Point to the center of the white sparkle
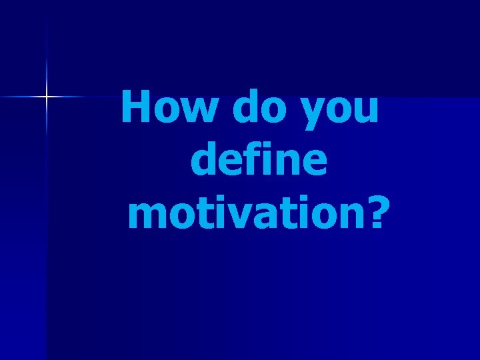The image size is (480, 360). pos(47,97)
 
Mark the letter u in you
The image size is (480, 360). pos(365,110)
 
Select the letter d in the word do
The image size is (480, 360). pos(243,107)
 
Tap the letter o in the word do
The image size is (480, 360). pos(271,110)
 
